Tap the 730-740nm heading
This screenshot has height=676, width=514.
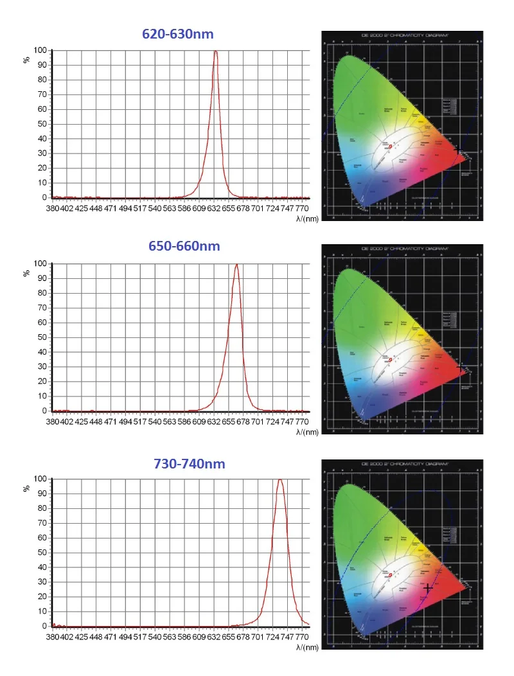click(x=190, y=463)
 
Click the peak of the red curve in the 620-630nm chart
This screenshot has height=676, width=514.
click(x=215, y=51)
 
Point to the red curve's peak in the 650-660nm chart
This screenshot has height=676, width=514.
click(x=236, y=264)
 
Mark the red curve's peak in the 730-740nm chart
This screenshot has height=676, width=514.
click(x=279, y=479)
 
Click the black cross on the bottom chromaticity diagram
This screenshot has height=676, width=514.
click(x=428, y=587)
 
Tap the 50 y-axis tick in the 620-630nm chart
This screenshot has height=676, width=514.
click(x=42, y=124)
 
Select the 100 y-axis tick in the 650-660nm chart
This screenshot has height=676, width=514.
click(x=40, y=263)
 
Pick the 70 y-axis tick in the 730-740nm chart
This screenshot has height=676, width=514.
click(x=42, y=523)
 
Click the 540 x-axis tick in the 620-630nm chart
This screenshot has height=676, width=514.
click(x=155, y=208)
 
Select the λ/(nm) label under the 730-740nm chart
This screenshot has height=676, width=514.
click(x=306, y=648)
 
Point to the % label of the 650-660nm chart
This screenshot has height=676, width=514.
click(x=27, y=272)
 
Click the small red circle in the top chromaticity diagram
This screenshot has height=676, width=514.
click(x=390, y=147)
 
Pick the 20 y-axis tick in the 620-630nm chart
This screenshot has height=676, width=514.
click(x=42, y=168)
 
